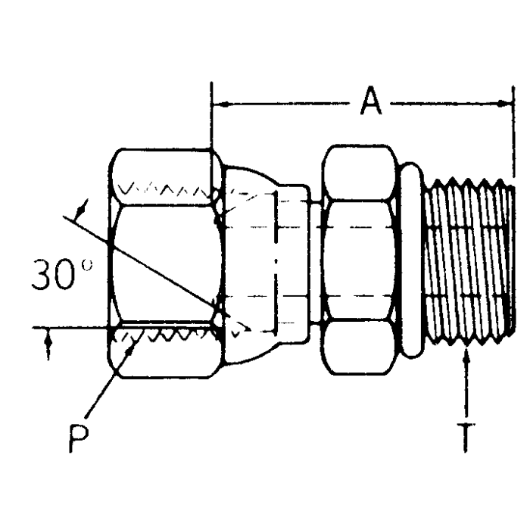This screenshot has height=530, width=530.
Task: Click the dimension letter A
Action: click(370, 101)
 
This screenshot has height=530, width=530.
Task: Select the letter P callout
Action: click(76, 438)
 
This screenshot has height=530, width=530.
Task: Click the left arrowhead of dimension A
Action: click(219, 101)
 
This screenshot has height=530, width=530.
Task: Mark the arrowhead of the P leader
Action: click(136, 342)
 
